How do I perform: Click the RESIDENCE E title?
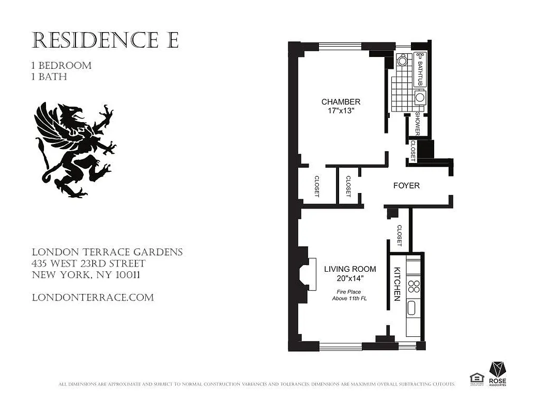tap(105, 40)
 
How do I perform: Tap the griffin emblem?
tap(74, 150)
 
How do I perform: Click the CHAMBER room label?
tap(341, 101)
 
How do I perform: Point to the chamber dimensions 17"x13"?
tap(341, 111)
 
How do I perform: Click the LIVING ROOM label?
tap(350, 269)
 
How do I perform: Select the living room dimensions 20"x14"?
tap(350, 279)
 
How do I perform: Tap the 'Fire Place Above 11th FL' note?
tap(349, 295)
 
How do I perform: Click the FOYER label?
tap(406, 185)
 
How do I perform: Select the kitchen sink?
tap(412, 308)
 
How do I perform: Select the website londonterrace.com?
tap(93, 298)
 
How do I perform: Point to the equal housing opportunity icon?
tap(476, 379)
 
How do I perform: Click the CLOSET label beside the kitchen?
tap(399, 235)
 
